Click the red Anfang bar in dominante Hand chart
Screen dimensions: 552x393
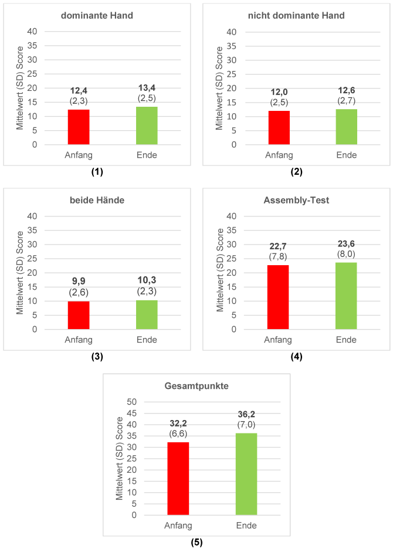click(x=79, y=127)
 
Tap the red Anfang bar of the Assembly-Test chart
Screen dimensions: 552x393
click(x=279, y=297)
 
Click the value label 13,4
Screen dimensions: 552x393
click(x=147, y=88)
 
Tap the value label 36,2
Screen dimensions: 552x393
click(x=246, y=414)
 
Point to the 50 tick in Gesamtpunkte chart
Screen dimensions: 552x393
click(x=132, y=402)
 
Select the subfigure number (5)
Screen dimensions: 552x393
click(x=196, y=542)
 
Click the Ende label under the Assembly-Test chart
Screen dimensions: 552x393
click(x=347, y=340)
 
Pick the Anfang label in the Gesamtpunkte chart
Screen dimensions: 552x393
click(x=178, y=526)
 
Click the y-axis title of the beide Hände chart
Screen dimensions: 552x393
click(x=20, y=273)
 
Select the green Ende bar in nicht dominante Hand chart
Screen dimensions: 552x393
click(x=347, y=127)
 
